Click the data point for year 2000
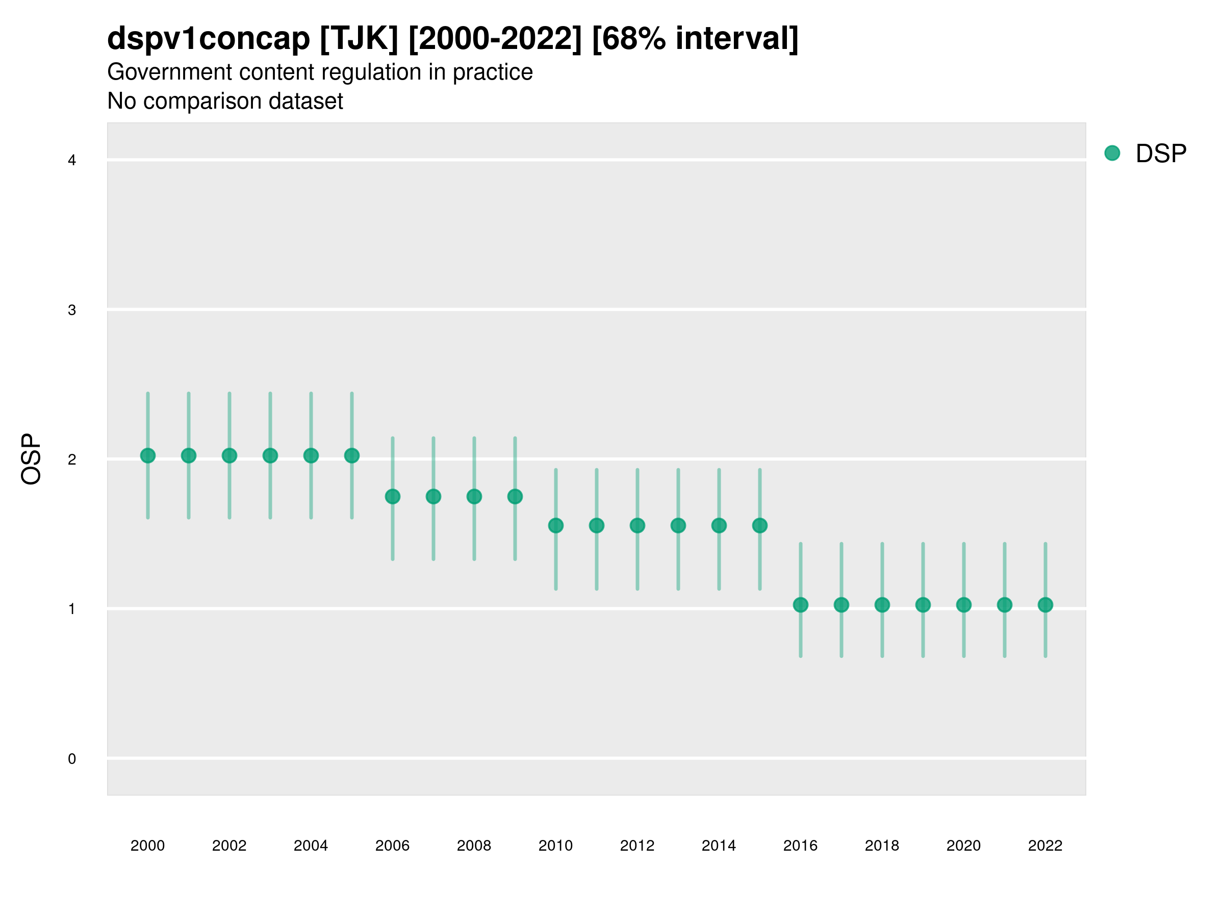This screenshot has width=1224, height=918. coord(148,455)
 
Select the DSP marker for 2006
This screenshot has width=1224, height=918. coord(392,496)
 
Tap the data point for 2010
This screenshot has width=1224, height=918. coord(555,525)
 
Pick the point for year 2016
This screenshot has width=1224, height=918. coord(800,605)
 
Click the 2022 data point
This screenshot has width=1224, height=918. coord(1044,605)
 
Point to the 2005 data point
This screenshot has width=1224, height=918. coord(351,455)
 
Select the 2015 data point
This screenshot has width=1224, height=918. coord(759,525)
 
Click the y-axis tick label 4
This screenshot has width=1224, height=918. coord(72,161)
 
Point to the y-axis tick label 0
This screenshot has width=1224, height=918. coord(72,759)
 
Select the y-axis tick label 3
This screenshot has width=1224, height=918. coord(72,310)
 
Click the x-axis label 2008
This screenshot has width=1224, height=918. coord(474,846)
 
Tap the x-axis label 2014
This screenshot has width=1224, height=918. coord(718,846)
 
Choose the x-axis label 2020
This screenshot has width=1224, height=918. coord(963,846)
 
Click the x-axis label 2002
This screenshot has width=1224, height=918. coord(229,846)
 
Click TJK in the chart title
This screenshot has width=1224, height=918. coord(359,39)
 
